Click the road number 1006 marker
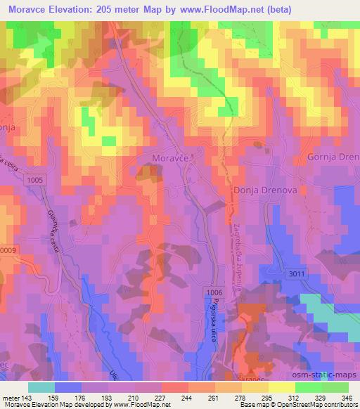coord(216,291)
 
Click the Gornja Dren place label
coord(333,157)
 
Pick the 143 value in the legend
coord(29,398)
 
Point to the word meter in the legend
coord(12,398)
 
